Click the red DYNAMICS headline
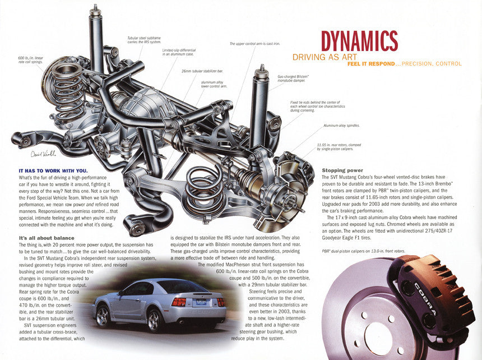359,41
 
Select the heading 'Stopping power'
342,170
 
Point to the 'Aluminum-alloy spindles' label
341,126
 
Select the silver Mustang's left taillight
179,302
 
